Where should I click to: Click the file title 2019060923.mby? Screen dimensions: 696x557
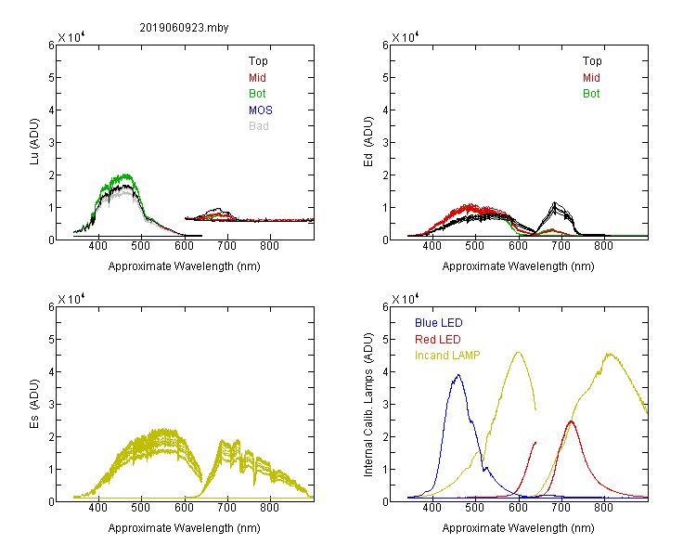(x=184, y=28)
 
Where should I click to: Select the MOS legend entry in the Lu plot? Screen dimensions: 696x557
(x=260, y=110)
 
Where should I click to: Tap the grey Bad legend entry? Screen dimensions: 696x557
(x=258, y=126)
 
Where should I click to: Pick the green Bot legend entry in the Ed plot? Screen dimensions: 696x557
(x=591, y=94)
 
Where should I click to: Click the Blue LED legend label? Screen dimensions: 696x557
(x=439, y=323)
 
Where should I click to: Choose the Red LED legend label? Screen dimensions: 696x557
(x=438, y=340)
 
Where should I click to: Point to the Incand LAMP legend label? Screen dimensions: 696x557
(x=447, y=356)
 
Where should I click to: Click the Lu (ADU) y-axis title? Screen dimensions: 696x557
(x=34, y=142)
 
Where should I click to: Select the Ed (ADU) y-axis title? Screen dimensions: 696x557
(x=368, y=142)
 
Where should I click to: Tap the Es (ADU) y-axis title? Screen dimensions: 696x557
(x=34, y=403)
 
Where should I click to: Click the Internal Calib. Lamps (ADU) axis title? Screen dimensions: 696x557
(x=368, y=405)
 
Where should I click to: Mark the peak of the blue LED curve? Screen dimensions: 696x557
(x=458, y=375)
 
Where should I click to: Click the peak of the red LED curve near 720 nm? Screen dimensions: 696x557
(x=571, y=421)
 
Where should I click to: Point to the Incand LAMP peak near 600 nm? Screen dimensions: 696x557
(x=518, y=352)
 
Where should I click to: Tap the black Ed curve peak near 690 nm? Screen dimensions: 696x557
(x=555, y=202)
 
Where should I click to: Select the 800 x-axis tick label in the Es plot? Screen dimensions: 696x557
(x=269, y=508)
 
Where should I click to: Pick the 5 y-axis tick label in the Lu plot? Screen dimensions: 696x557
(x=51, y=78)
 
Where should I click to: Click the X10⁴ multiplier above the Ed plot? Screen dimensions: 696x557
(x=406, y=37)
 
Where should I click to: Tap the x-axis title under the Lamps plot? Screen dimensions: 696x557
(x=518, y=528)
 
